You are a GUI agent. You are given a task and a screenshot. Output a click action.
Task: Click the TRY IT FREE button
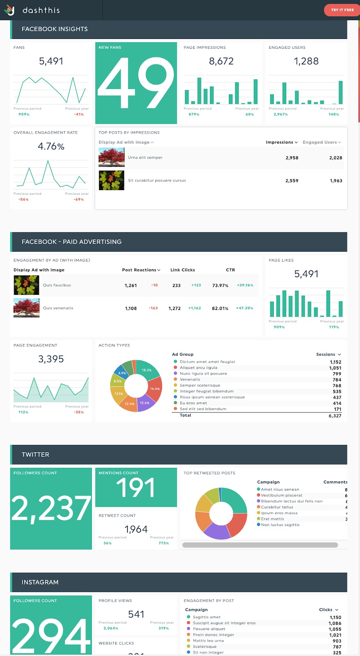(342, 10)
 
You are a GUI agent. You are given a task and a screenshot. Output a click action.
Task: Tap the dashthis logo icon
(9, 10)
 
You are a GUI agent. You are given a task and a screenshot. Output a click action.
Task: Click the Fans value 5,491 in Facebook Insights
(51, 61)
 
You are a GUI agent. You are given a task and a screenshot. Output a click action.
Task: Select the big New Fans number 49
(136, 82)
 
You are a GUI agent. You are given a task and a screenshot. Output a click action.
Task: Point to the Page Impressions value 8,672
(221, 61)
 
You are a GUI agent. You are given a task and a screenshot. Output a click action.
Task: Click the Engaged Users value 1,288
(306, 61)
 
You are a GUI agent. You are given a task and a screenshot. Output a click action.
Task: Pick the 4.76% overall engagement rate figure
(51, 146)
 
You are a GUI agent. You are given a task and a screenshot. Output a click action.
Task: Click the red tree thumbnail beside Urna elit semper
(112, 157)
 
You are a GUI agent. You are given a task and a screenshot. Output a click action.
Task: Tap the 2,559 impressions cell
(292, 181)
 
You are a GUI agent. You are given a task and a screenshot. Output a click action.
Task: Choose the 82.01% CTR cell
(220, 308)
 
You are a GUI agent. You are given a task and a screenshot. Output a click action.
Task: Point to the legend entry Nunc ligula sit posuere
(203, 374)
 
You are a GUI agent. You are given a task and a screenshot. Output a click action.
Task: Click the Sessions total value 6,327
(335, 416)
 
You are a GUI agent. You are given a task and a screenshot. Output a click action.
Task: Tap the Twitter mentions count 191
(136, 488)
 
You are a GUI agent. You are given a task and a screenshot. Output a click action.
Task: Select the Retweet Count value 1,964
(136, 529)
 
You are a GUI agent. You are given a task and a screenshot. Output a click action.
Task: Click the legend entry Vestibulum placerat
(281, 495)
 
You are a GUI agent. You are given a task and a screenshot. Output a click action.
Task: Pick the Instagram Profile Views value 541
(136, 614)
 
